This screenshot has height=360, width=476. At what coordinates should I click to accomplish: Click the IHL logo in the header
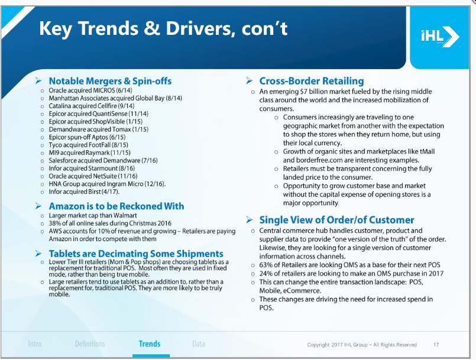[440, 37]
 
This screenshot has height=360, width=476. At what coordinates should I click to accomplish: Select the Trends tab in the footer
[150, 344]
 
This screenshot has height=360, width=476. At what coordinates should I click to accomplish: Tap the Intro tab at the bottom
[35, 344]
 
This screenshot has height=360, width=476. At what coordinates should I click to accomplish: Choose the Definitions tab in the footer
[90, 344]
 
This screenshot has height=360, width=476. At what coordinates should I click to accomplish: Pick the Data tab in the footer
[199, 344]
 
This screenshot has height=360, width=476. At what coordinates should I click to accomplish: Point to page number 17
[436, 345]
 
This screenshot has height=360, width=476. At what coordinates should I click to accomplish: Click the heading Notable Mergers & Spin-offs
[110, 81]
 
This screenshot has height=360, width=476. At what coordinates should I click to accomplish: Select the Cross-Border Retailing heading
[312, 81]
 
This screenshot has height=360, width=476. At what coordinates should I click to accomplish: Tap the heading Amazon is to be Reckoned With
[116, 206]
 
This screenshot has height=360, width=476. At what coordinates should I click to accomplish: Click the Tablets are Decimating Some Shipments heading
[136, 254]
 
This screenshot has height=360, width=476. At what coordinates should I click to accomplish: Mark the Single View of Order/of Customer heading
[336, 220]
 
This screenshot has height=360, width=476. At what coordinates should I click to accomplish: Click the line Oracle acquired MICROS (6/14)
[90, 90]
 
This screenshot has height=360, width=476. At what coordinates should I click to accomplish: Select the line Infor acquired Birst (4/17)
[84, 192]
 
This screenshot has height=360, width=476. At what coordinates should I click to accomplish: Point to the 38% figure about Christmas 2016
[54, 223]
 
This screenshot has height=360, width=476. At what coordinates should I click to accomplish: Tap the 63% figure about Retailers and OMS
[265, 265]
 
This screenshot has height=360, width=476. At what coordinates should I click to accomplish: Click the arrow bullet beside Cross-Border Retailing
[249, 81]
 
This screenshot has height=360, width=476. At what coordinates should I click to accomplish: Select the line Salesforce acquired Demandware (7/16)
[103, 161]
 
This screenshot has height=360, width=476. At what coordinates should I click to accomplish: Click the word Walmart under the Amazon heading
[125, 216]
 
